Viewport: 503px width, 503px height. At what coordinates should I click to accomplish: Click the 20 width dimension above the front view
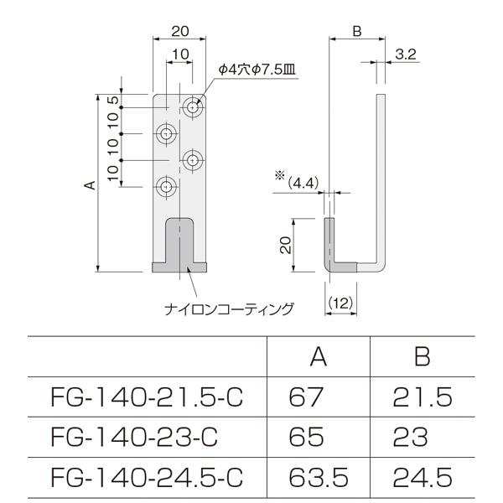pos(179,30)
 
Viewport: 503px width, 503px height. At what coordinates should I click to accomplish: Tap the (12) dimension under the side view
pos(340,302)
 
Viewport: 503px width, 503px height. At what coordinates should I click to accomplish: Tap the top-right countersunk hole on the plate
pos(194,109)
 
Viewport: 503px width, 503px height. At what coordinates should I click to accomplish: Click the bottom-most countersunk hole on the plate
pos(168,185)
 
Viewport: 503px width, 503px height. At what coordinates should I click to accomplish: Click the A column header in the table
pos(318,358)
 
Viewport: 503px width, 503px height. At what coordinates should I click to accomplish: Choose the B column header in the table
pos(422,358)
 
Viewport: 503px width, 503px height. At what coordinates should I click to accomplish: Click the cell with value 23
pos(410,436)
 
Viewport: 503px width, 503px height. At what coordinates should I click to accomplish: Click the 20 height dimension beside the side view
pos(285,244)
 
